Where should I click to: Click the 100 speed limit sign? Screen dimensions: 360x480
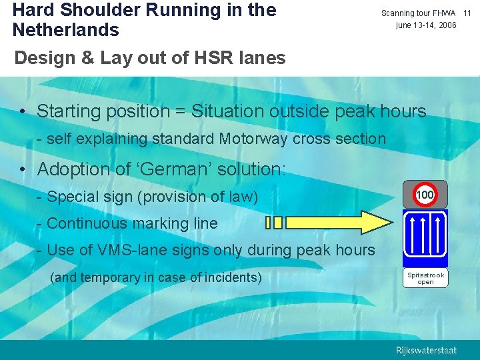tap(425, 195)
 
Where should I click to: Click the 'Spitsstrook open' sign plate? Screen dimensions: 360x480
tap(425, 278)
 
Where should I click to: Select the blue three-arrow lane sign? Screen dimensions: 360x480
tap(425, 237)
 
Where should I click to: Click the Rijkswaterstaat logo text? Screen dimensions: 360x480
tap(427, 350)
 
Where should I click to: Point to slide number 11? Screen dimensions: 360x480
tap(467, 13)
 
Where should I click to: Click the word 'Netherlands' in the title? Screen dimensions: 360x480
tap(65, 30)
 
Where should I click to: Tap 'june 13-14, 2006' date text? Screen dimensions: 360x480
tap(426, 25)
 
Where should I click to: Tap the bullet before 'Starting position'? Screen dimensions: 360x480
tap(23, 111)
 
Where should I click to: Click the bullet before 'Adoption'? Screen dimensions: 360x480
tap(23, 170)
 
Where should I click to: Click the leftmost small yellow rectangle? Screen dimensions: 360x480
tap(268, 222)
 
